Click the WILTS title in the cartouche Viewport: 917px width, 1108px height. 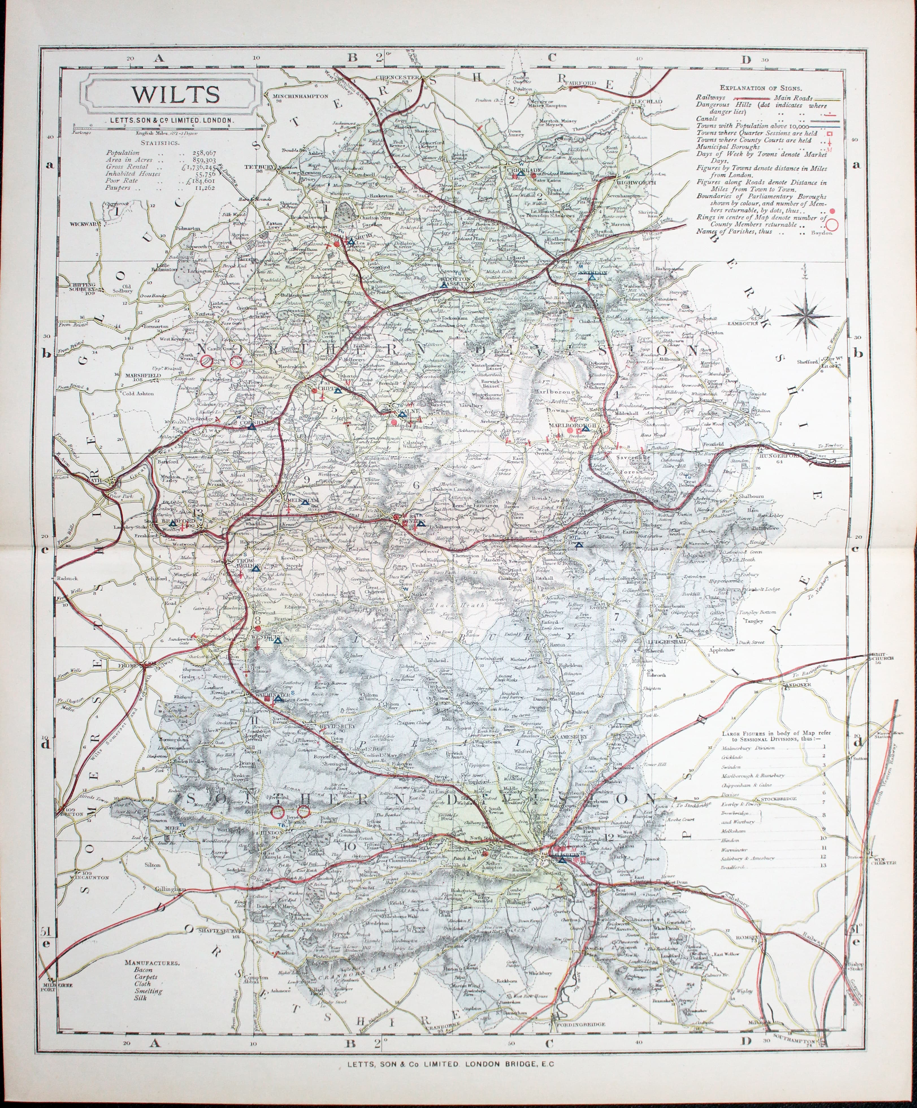click(176, 94)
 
